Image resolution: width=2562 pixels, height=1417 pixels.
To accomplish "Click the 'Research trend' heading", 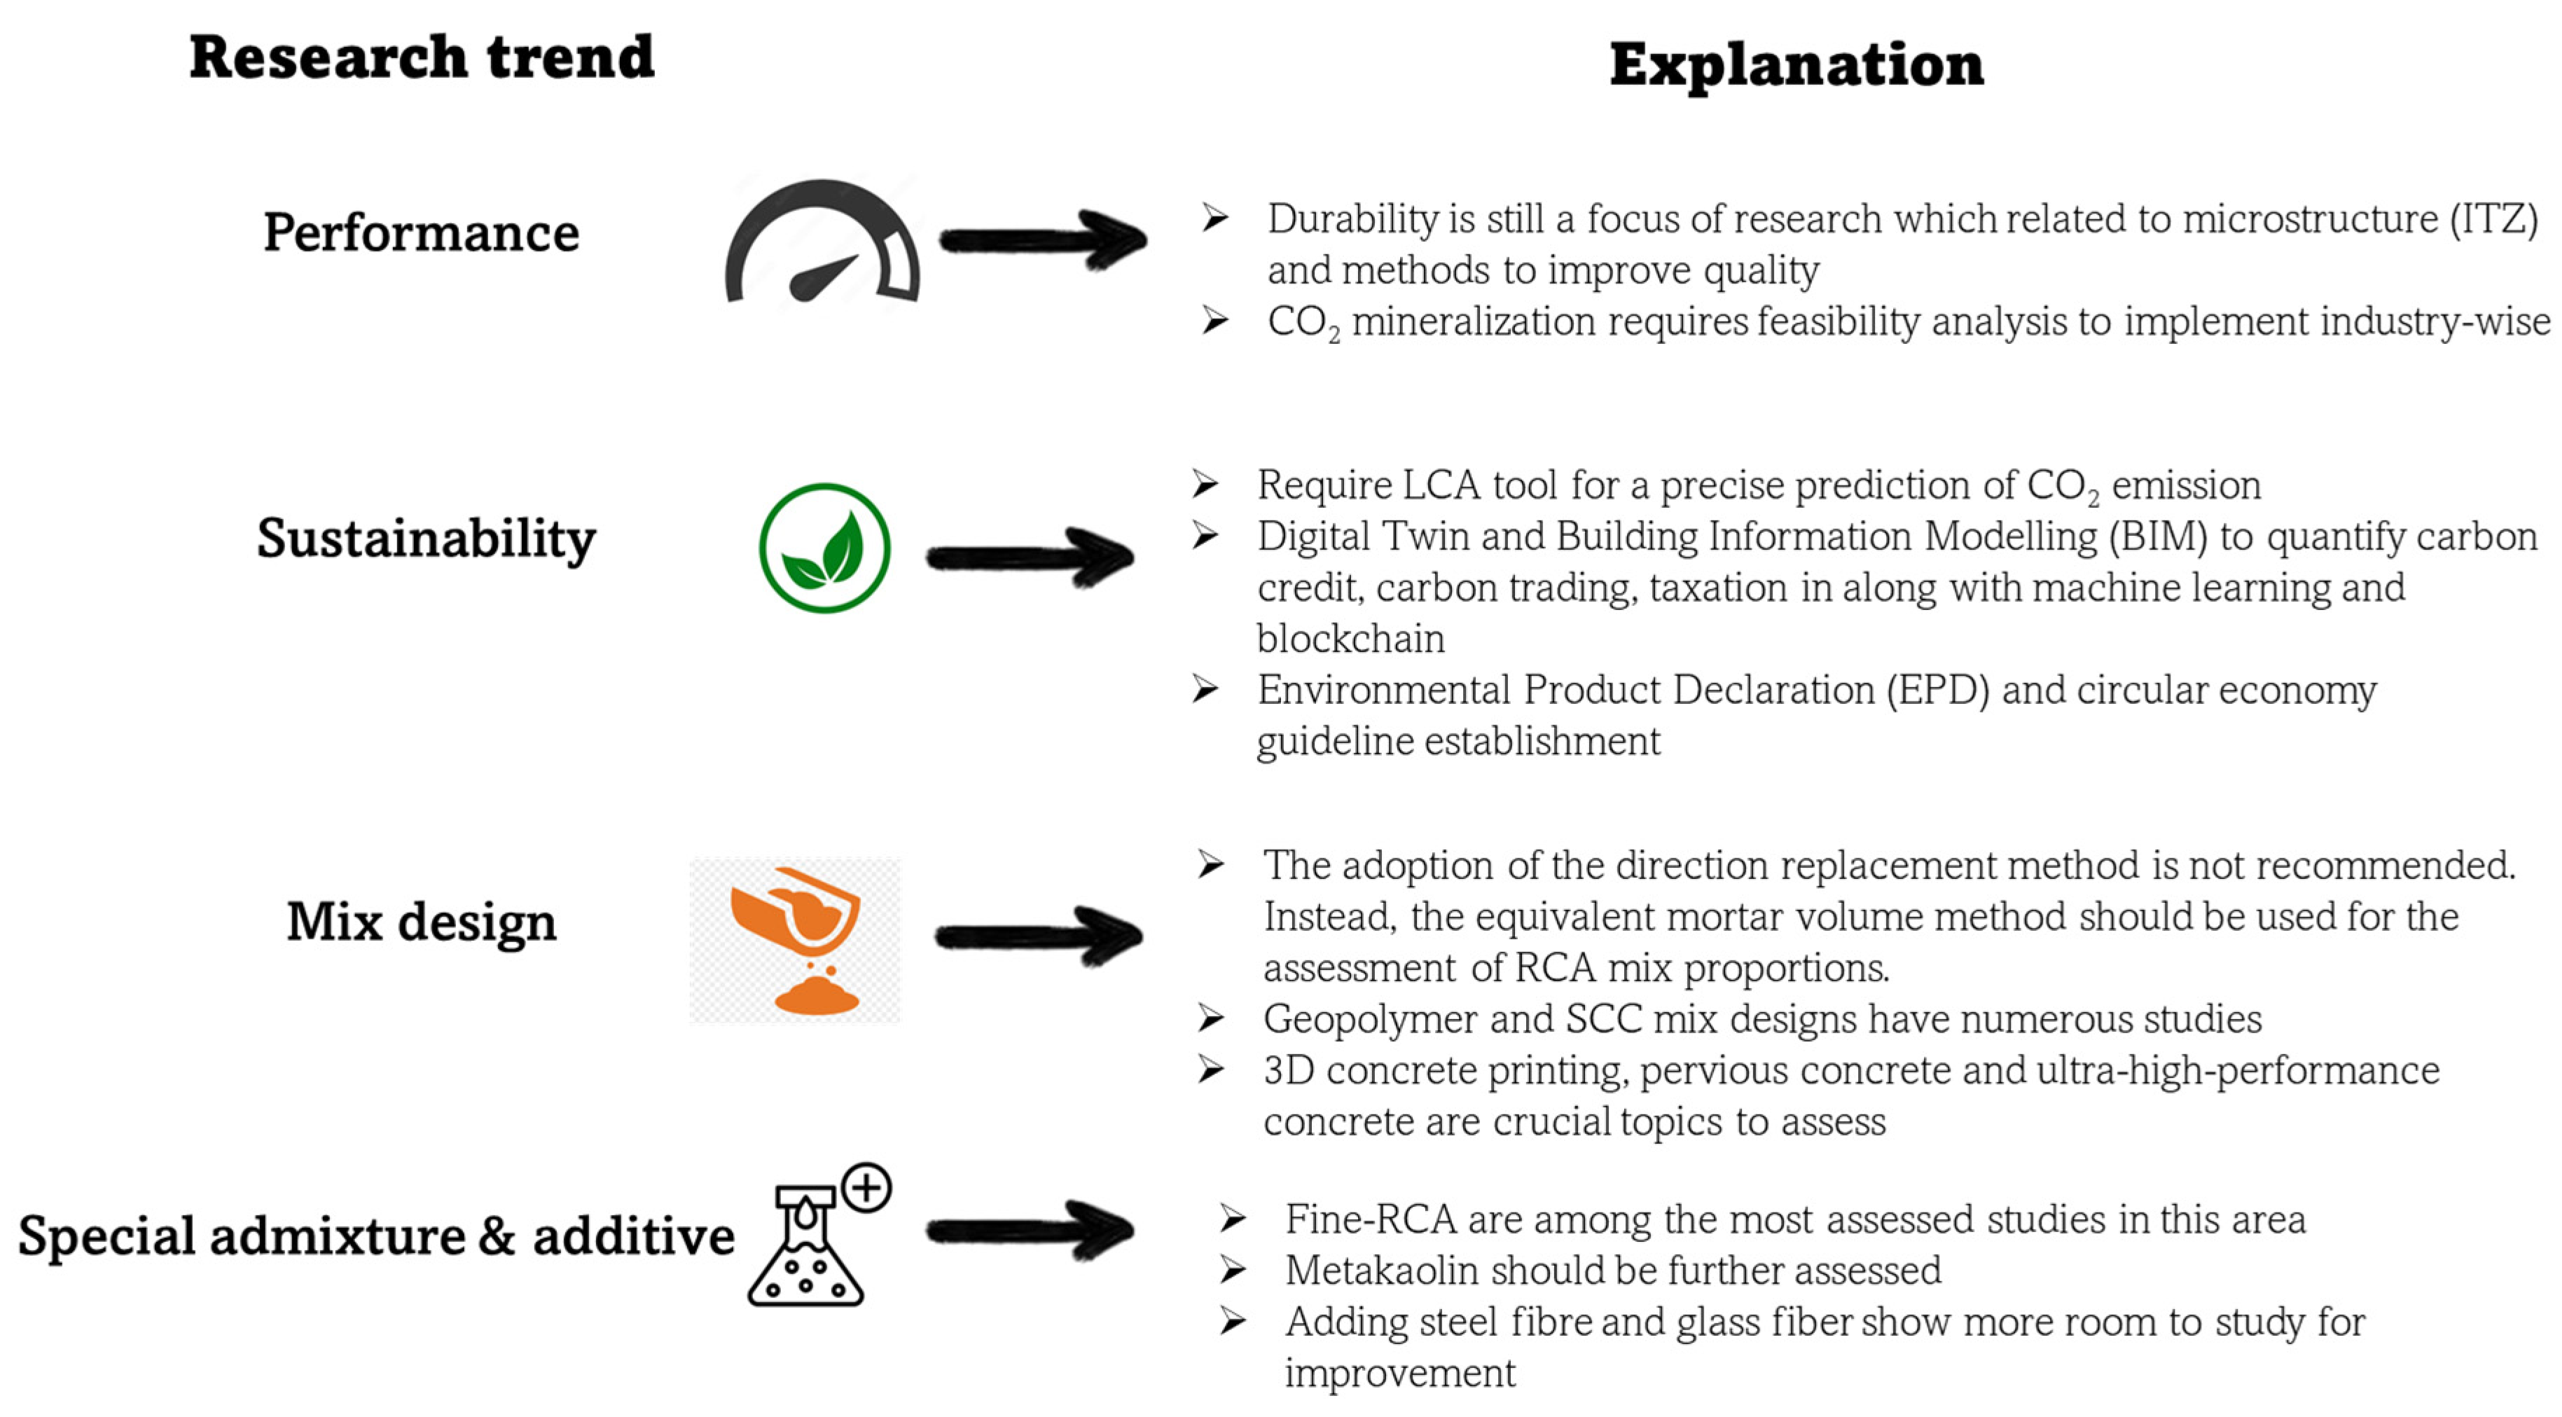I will pos(422,57).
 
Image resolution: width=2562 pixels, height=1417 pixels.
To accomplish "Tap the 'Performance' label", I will pos(421,234).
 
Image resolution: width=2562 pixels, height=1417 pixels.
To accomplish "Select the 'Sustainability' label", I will pos(426,539).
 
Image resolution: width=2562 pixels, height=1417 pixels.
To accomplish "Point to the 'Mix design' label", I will pos(421,922).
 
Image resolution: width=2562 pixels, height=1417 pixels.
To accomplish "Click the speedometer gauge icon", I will pos(822,244).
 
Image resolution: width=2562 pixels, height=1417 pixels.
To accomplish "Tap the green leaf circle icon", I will pos(824,548).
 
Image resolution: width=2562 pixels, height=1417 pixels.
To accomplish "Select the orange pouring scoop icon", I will pos(796,940).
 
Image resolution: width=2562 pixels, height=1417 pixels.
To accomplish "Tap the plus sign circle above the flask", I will pos(866,1188).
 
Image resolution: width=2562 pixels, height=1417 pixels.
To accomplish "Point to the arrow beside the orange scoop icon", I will pos(1039,936).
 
